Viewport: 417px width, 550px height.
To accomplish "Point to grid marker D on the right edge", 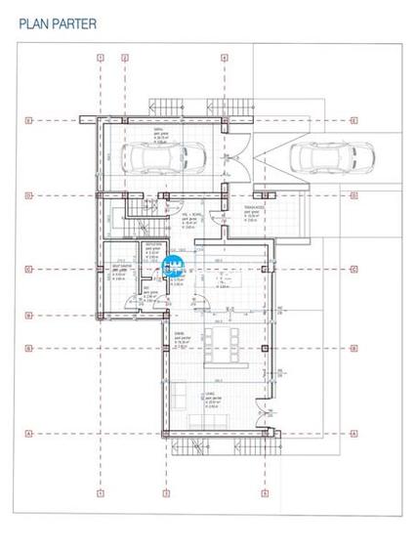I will [354, 195].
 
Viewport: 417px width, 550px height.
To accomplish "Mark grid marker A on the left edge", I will [29, 433].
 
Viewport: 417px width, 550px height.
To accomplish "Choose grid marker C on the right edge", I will [354, 268].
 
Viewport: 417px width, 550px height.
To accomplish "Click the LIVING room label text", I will [210, 395].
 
